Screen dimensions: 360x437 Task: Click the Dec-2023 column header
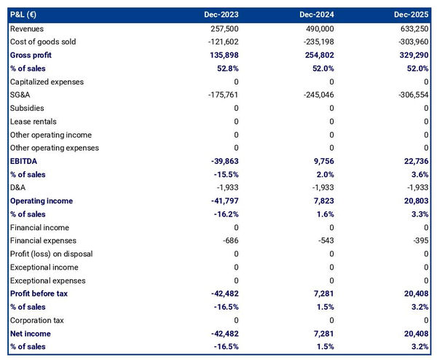221,15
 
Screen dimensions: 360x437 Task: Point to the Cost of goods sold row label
44,42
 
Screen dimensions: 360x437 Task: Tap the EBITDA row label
25,161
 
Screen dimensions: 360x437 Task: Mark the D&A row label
18,187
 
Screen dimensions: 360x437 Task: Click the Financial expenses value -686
229,240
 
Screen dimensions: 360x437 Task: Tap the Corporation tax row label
38,320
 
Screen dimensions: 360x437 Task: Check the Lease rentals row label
34,121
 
